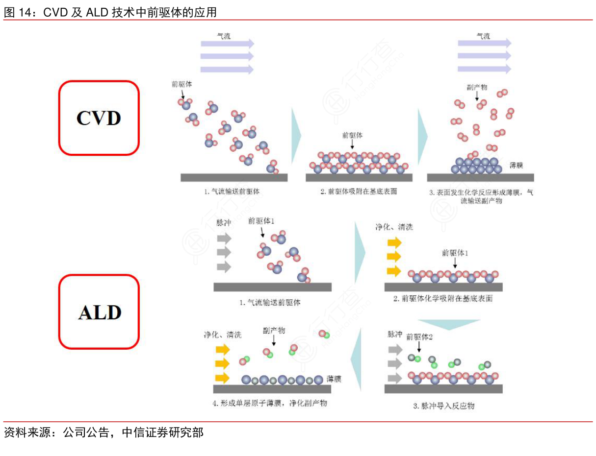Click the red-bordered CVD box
(99, 118)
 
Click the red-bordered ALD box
(99, 312)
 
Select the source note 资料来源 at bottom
(104, 432)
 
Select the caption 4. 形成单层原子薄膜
(270, 403)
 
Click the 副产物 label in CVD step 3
(476, 88)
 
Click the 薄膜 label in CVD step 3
(516, 166)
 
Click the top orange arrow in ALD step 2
(394, 242)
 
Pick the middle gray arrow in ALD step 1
(224, 252)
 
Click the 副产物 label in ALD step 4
(274, 331)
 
